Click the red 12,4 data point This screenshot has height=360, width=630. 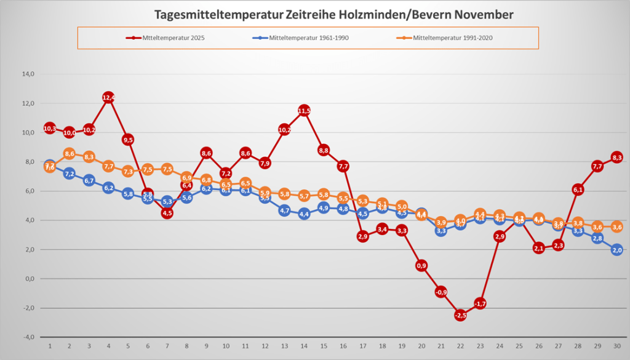coord(108,97)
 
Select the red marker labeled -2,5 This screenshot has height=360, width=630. coord(460,315)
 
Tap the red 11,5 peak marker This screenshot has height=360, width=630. coord(304,111)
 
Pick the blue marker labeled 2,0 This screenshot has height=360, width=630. coord(617,250)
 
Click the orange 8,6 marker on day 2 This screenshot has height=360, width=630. coord(70,154)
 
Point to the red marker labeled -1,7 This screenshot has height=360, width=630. coord(480,303)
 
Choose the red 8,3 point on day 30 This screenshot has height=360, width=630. coord(617,158)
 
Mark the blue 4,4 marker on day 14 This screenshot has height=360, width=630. coord(304,214)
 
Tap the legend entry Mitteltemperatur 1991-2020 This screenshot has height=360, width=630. coord(453,38)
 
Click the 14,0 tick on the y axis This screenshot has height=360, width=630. coord(28,74)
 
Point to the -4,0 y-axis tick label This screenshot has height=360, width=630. coord(28,337)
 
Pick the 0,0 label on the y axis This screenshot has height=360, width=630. coord(28,279)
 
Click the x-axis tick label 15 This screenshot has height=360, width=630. coord(324,346)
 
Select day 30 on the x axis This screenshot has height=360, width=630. coord(617,346)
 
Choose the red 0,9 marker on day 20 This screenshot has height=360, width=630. coord(421,265)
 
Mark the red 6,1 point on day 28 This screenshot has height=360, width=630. coord(578,190)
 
